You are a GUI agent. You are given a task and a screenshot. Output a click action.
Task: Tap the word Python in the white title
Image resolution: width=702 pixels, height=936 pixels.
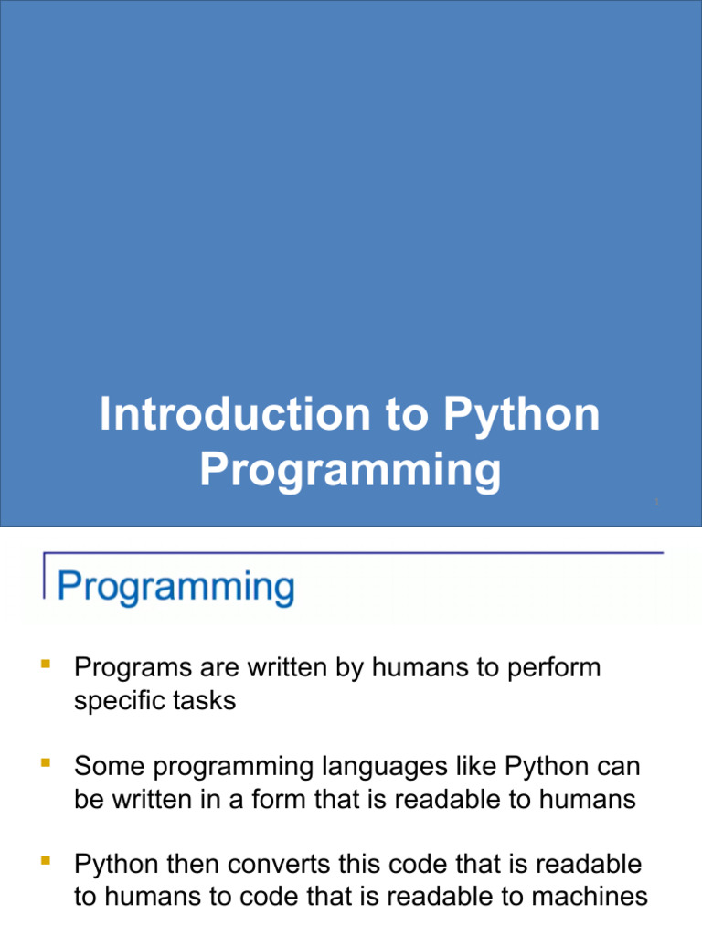pyautogui.click(x=521, y=415)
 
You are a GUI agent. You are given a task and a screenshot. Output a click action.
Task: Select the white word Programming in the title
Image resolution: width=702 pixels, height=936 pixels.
pyautogui.click(x=350, y=471)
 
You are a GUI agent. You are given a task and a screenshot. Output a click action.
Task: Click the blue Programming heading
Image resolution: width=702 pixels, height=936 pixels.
pyautogui.click(x=176, y=588)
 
